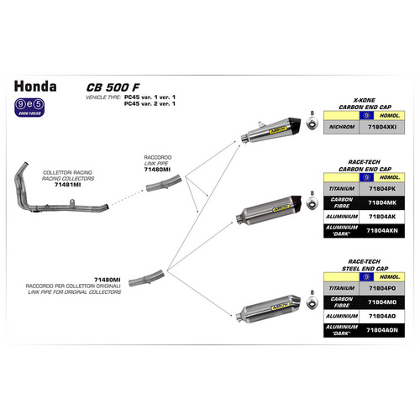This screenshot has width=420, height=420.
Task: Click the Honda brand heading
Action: click(x=36, y=85)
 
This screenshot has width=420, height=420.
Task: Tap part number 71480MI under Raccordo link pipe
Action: click(x=157, y=170)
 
